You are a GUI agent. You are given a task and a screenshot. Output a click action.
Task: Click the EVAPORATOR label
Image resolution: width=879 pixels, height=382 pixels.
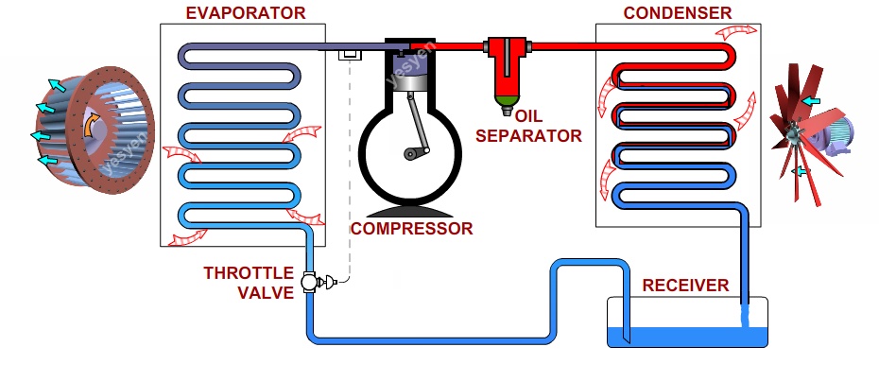[245, 12]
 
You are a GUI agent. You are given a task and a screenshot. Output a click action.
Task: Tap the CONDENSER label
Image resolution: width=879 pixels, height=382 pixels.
[677, 12]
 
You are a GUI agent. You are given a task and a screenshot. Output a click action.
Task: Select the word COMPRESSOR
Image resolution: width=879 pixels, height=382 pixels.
[411, 229]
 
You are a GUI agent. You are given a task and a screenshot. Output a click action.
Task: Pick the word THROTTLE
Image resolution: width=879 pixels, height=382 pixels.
[249, 273]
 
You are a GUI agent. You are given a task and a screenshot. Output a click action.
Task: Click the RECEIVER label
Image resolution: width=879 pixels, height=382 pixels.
[685, 286]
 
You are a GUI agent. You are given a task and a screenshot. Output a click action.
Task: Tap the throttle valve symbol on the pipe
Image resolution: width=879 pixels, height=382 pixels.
[309, 281]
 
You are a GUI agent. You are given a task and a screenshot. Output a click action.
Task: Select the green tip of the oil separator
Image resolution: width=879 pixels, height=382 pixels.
[508, 97]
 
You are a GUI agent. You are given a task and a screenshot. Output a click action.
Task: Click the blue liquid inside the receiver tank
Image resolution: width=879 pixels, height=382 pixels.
[681, 336]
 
